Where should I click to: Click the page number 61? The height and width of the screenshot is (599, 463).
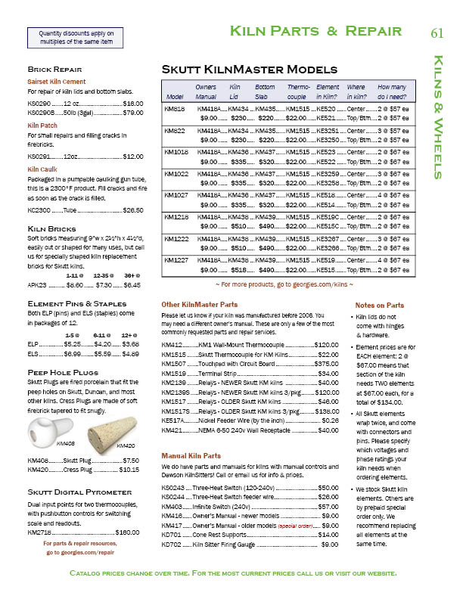437,33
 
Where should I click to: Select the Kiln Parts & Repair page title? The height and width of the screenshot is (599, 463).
315,32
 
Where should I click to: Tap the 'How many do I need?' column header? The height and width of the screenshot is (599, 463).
392,92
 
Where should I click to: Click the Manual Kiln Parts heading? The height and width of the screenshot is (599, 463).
191,456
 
